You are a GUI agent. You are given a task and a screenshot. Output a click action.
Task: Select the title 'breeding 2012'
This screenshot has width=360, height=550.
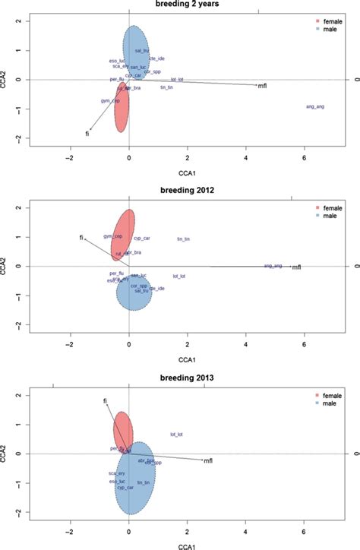(179, 188)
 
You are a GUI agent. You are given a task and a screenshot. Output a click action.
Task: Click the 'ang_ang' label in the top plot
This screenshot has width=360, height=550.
(314, 107)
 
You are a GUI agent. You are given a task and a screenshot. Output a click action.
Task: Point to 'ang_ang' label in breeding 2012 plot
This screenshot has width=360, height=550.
(273, 266)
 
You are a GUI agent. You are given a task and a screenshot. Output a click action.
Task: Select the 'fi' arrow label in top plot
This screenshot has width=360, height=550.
(87, 134)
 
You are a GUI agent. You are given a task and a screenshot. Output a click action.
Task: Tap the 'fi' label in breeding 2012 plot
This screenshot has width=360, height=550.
(81, 238)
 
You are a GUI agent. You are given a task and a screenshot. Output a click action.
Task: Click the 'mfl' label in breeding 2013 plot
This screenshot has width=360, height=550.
(208, 460)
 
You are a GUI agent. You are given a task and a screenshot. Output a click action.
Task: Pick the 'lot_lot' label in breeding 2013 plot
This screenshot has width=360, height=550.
(177, 435)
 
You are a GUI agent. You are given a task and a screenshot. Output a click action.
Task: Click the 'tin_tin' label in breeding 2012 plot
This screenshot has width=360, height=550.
(183, 239)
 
